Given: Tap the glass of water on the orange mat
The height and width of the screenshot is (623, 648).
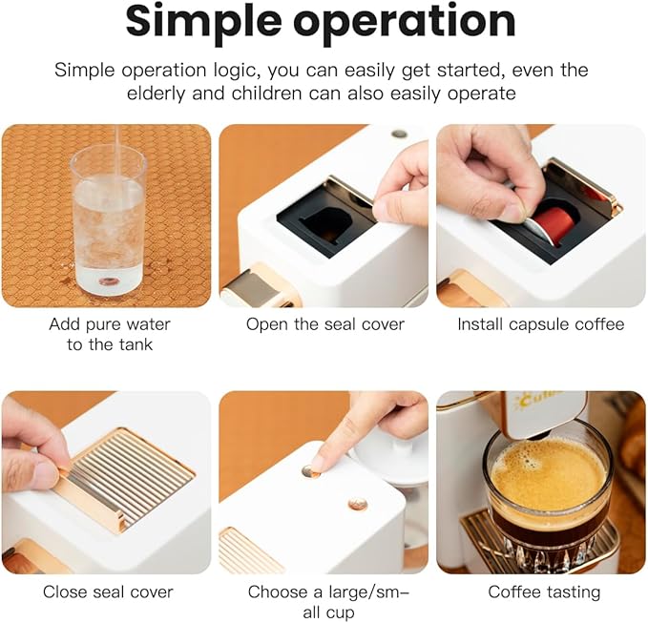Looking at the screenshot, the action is (110, 221).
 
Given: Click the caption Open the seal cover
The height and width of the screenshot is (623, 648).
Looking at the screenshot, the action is (325, 324).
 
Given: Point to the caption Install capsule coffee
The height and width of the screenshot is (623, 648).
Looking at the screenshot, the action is (541, 324).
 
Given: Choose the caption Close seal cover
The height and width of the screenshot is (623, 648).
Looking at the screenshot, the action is (108, 592).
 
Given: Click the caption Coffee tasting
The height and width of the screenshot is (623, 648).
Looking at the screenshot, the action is (544, 592).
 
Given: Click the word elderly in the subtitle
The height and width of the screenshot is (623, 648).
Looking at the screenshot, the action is (157, 93).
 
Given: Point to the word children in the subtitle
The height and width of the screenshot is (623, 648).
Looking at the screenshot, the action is (266, 93).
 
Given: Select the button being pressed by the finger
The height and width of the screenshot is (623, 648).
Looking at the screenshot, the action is (309, 470).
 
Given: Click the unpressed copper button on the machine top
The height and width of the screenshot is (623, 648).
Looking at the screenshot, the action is (358, 504).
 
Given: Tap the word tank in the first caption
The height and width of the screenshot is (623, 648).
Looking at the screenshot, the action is (136, 344).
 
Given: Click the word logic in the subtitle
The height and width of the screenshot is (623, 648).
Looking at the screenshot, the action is (234, 71).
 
